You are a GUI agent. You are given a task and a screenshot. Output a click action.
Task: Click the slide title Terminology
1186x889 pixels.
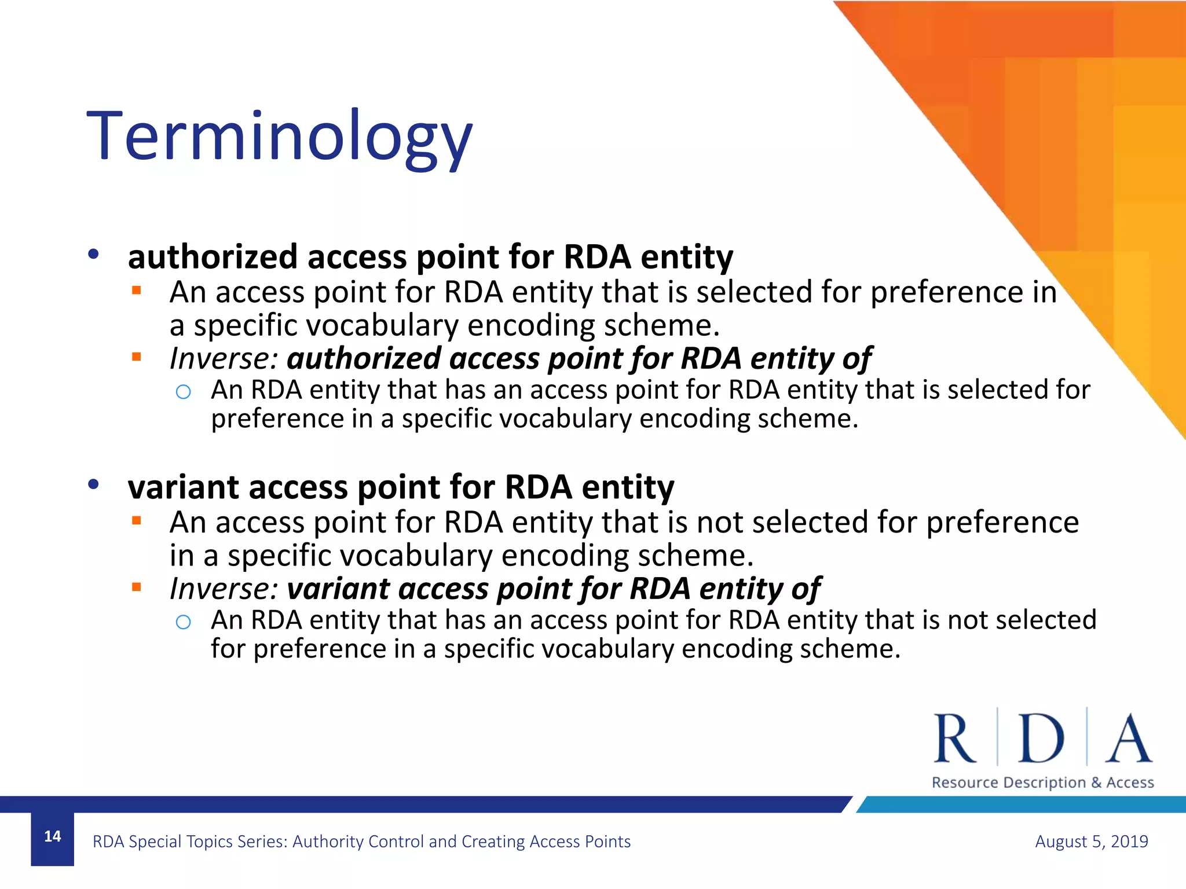[279, 138]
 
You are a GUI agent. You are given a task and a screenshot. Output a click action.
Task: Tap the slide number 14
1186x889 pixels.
[52, 836]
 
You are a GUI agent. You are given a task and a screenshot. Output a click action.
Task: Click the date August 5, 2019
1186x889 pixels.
[1091, 841]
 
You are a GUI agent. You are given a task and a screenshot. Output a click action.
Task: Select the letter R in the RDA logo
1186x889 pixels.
[954, 739]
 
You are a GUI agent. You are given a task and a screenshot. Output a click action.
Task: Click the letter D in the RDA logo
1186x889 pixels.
[1041, 739]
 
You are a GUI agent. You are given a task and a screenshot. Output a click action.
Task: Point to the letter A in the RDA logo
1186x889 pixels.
[1128, 739]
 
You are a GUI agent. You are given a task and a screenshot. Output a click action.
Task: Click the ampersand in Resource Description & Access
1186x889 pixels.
[1096, 783]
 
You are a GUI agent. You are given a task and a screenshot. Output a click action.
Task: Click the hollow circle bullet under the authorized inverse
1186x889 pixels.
[183, 392]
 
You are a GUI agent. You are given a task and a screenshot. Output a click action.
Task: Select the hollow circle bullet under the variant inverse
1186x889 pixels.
[183, 622]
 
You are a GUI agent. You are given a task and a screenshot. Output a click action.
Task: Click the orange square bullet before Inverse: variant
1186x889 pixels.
[137, 587]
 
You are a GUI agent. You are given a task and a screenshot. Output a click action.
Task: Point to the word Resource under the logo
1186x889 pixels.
[965, 783]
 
